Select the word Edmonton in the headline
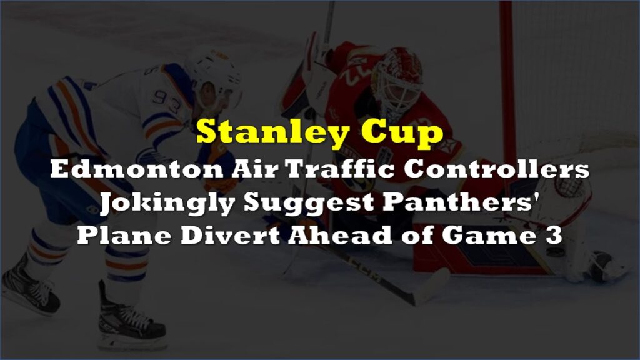(x=137, y=169)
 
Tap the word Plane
(x=124, y=235)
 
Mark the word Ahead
(x=340, y=235)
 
